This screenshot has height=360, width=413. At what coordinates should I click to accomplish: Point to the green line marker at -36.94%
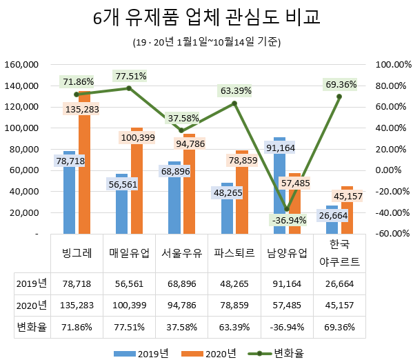tap(286, 209)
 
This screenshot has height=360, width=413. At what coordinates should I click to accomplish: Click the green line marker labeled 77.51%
tap(128, 88)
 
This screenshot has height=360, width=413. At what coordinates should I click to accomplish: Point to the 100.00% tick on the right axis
tap(390, 64)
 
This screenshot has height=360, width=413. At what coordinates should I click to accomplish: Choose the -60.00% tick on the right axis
tap(390, 234)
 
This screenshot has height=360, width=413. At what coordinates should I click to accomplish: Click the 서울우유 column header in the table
tap(181, 252)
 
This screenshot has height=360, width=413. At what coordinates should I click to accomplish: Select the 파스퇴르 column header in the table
tap(234, 252)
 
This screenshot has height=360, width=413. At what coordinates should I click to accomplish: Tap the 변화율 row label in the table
tap(32, 326)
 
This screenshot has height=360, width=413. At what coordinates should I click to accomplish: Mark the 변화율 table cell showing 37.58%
tap(181, 326)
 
